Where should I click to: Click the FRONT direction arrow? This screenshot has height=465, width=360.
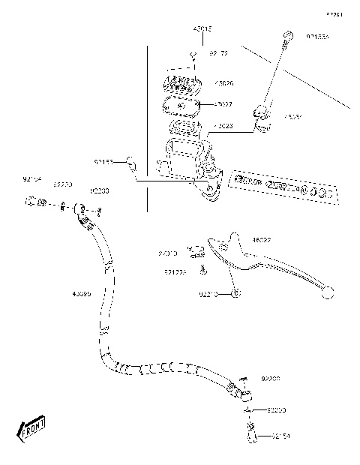pyautogui.click(x=31, y=429)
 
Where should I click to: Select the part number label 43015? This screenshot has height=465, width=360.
pyautogui.click(x=202, y=28)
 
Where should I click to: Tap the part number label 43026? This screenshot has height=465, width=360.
pyautogui.click(x=223, y=83)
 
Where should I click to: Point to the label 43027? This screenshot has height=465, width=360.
pyautogui.click(x=223, y=104)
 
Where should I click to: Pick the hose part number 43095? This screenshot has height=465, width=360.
pyautogui.click(x=82, y=294)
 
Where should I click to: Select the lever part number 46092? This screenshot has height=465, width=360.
pyautogui.click(x=262, y=241)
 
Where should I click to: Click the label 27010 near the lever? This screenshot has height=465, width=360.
pyautogui.click(x=168, y=254)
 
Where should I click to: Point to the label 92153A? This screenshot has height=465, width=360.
pyautogui.click(x=317, y=36)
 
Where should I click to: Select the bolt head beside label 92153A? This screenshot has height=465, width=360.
pyautogui.click(x=286, y=35)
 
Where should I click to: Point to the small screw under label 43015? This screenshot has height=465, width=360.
pyautogui.click(x=193, y=55)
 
